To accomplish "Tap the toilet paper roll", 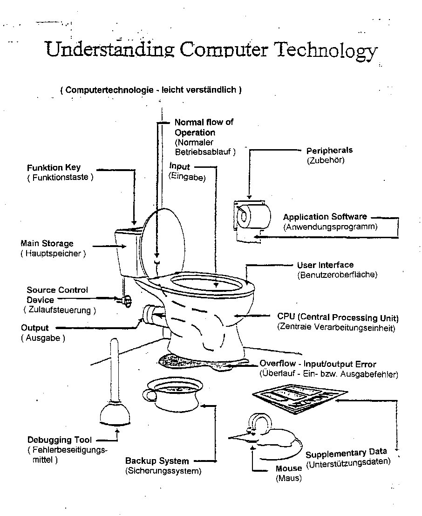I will (254, 215).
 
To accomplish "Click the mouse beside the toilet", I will (270, 436).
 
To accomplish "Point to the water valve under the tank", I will (125, 301).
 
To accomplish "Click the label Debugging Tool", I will (59, 440).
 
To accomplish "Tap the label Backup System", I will (157, 461).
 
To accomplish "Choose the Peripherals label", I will (329, 151).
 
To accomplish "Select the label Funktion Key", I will (54, 168).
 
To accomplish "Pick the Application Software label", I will (325, 217).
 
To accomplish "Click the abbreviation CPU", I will (285, 317).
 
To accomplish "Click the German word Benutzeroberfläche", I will (337, 275).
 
